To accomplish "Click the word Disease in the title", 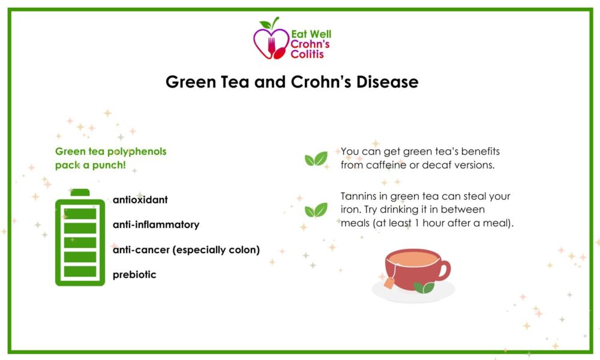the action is pos(387,82).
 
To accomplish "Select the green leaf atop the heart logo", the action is pos(266,25).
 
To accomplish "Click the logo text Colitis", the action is pos(307,55).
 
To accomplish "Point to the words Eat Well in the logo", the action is pos(311,34).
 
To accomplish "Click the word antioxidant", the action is pos(140,200).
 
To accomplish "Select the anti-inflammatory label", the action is pos(156,224).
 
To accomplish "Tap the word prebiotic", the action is pos(134,274).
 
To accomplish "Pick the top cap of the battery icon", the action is pos(80,193).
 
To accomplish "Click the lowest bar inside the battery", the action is pos(80,271).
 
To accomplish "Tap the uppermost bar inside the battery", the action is pos(80,214).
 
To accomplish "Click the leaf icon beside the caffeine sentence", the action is pos(316,159).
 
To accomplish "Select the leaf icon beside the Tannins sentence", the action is pos(316,209).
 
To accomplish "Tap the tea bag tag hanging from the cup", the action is pos(389,283).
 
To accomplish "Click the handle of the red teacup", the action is pos(445,270).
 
